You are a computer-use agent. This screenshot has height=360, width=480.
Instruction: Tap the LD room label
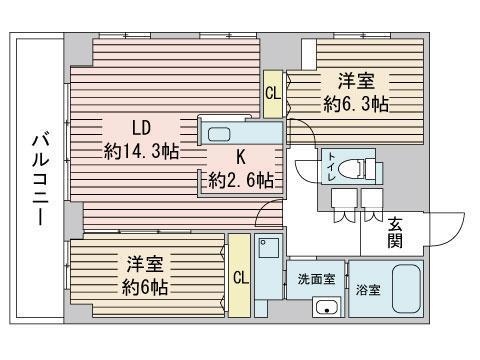[x=141, y=128]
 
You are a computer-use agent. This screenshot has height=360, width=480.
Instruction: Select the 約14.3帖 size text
[x=141, y=152]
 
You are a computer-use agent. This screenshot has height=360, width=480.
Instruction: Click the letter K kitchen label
[x=241, y=157]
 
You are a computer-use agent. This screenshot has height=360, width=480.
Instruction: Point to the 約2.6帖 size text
[x=241, y=180]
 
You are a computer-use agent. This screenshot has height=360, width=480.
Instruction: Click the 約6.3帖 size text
[x=356, y=104]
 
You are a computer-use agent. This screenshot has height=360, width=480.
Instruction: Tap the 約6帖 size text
[x=144, y=287]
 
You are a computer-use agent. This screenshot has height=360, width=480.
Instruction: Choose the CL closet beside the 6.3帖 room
[x=273, y=93]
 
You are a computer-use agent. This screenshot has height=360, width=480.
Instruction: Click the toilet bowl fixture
[x=348, y=167]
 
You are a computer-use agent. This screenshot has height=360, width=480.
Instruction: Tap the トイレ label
[x=332, y=167]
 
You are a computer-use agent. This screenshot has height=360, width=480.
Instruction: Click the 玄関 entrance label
[x=395, y=232]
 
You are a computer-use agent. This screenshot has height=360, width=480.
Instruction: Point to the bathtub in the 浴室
[x=406, y=289]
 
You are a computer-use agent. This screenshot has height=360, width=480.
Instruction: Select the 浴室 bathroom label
[x=368, y=290]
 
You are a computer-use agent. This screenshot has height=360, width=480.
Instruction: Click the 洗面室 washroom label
[x=316, y=279]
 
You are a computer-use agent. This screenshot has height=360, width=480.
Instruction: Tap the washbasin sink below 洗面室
[x=327, y=307]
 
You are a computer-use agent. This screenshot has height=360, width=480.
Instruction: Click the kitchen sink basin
[x=219, y=134]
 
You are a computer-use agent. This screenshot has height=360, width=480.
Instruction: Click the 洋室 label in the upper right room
[x=356, y=81]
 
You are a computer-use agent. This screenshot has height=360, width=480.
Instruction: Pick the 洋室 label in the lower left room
[x=144, y=264]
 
